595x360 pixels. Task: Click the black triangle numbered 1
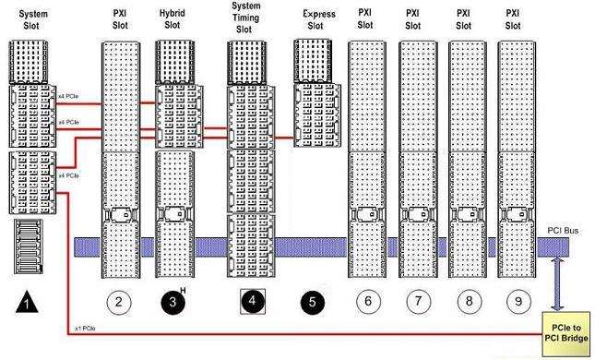click(x=27, y=303)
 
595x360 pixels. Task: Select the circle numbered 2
click(x=119, y=302)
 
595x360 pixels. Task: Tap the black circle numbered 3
click(x=173, y=302)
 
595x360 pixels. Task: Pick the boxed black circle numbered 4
click(x=253, y=302)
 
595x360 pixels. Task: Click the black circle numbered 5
click(x=313, y=302)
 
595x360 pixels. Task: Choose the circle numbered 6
click(x=368, y=302)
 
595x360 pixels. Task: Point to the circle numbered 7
click(x=418, y=302)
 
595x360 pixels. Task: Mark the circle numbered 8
click(x=469, y=302)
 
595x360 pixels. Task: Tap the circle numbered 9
click(x=518, y=302)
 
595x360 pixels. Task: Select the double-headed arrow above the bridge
click(x=556, y=284)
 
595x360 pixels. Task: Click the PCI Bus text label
click(x=563, y=231)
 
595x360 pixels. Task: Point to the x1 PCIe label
click(x=85, y=328)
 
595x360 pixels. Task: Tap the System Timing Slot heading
click(x=246, y=18)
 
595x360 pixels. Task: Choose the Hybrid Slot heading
click(x=172, y=19)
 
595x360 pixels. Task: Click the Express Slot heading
click(x=319, y=19)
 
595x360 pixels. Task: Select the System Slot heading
click(x=33, y=19)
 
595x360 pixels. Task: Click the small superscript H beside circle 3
click(x=183, y=291)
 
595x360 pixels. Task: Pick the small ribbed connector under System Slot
click(x=29, y=246)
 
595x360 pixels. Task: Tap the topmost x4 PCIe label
click(x=68, y=96)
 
